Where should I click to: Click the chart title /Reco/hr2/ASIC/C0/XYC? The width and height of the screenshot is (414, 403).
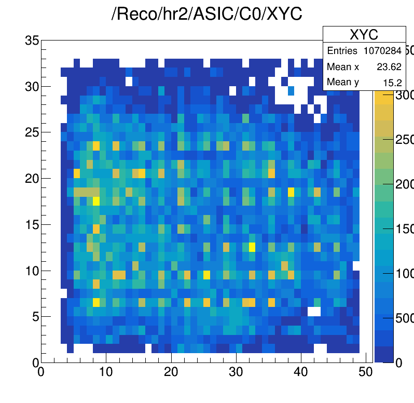point(207,15)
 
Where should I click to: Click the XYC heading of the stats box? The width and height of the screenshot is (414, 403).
point(364,35)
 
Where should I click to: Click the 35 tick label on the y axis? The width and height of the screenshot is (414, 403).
point(32,41)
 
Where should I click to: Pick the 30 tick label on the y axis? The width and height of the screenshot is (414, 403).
point(32,86)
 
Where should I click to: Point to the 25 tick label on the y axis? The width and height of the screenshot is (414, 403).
point(32,132)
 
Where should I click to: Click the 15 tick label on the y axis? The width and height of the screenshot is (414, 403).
point(32,224)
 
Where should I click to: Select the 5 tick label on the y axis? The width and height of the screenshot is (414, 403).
point(35,316)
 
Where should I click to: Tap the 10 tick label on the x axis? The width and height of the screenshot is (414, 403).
point(106,372)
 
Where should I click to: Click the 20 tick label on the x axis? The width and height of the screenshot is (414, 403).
point(171,372)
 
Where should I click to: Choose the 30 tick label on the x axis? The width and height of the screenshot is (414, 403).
point(236,372)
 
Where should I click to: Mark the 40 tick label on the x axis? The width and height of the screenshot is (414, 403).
point(301,372)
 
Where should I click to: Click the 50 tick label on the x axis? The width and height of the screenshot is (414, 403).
point(366,372)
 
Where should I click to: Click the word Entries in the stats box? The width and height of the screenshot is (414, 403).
point(342,51)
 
